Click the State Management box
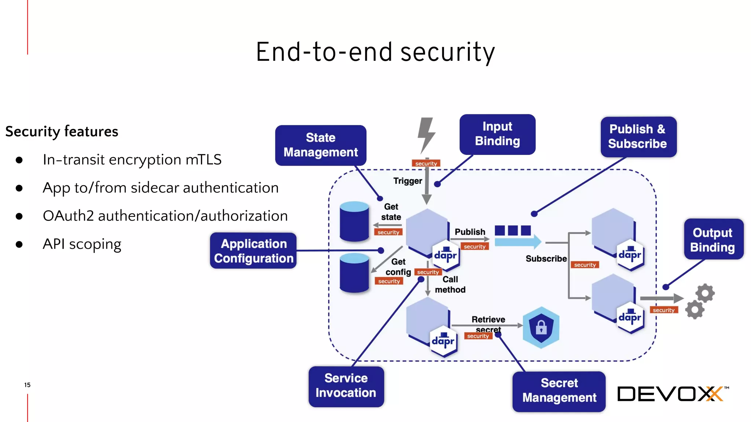(320, 145)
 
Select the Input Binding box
(497, 134)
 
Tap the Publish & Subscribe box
(638, 137)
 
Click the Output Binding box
(713, 240)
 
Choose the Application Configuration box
(253, 251)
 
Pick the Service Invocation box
(346, 386)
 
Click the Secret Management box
(559, 391)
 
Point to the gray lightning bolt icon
(426, 134)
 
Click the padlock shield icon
(541, 327)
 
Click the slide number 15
(27, 385)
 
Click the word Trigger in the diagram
(407, 181)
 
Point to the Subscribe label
(546, 259)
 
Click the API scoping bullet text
(82, 244)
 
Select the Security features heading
(62, 132)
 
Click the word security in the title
(447, 52)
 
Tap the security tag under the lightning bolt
(426, 163)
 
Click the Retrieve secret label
(488, 324)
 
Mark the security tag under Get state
(388, 232)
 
